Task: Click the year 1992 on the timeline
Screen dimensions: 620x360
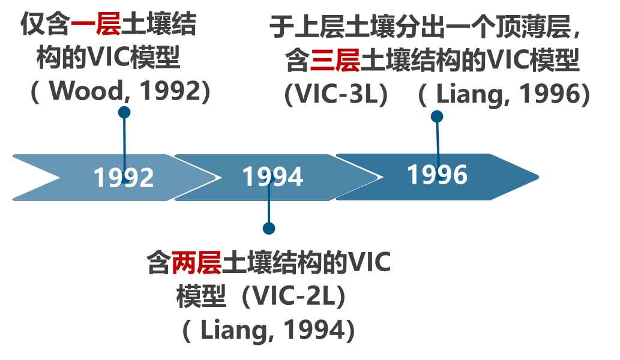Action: (124, 178)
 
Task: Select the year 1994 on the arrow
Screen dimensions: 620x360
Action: (272, 177)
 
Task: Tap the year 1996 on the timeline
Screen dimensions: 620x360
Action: (437, 175)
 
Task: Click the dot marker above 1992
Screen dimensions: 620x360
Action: (124, 112)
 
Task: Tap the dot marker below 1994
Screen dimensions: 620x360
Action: (269, 228)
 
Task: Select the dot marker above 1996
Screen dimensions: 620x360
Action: (437, 116)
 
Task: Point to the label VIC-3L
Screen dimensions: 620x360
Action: (336, 94)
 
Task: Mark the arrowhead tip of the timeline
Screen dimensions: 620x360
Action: (538, 177)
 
